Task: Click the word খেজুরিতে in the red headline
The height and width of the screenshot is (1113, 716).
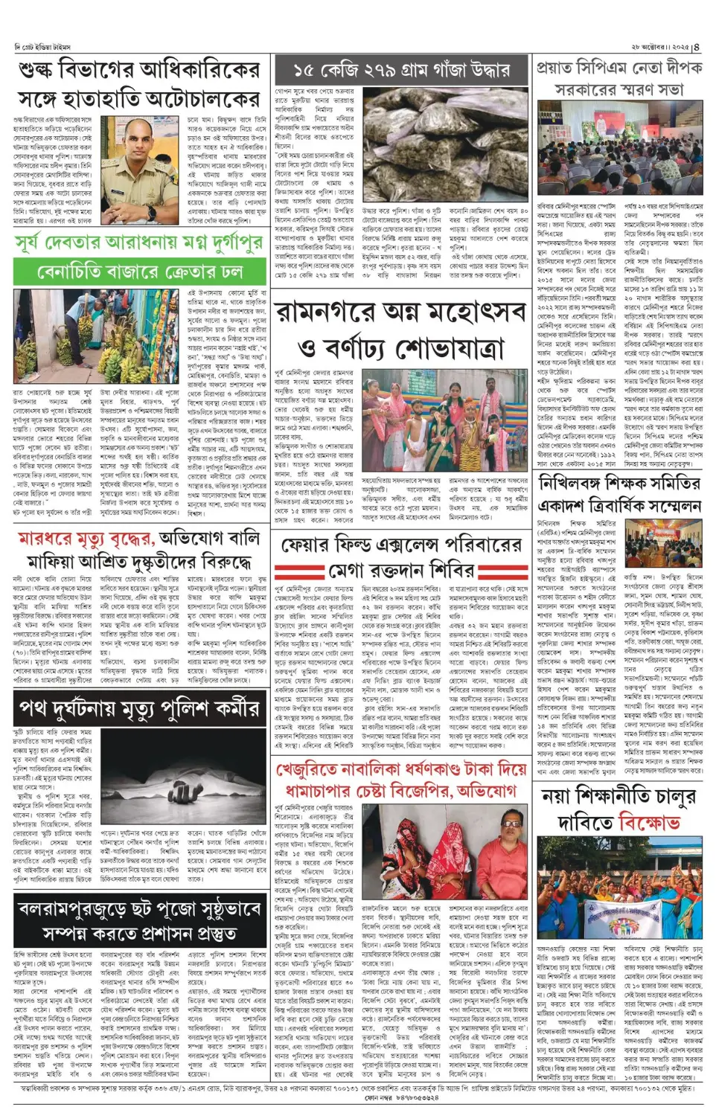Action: pos(322,769)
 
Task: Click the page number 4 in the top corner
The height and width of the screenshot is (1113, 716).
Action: pos(697,46)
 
